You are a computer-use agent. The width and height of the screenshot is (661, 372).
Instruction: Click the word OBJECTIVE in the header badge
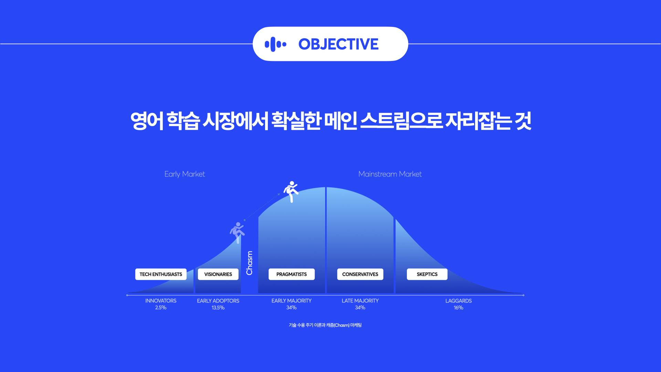338,44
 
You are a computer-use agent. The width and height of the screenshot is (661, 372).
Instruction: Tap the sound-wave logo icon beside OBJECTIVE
275,44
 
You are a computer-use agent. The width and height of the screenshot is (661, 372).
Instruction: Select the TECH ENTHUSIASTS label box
161,274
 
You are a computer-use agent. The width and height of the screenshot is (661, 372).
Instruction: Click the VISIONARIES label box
218,274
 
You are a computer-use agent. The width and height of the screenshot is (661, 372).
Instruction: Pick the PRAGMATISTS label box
292,274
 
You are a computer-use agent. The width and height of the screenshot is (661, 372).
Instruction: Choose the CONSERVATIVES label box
360,274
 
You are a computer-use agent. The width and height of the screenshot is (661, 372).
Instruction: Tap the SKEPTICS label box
427,274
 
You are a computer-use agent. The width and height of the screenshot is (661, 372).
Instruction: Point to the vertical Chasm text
250,263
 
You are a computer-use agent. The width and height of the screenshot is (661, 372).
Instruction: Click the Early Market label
185,174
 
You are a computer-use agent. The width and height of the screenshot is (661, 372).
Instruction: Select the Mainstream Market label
390,174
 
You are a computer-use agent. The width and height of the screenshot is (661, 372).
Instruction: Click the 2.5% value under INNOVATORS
161,308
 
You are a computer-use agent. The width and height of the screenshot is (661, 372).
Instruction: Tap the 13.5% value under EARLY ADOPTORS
218,308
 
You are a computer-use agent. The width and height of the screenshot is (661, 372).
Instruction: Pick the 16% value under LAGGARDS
459,308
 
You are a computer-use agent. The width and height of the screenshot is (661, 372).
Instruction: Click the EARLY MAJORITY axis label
292,301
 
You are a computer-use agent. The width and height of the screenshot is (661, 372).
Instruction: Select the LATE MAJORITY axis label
360,301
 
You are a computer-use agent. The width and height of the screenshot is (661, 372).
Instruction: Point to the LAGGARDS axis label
459,301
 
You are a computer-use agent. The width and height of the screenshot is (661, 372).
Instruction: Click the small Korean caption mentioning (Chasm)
325,325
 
